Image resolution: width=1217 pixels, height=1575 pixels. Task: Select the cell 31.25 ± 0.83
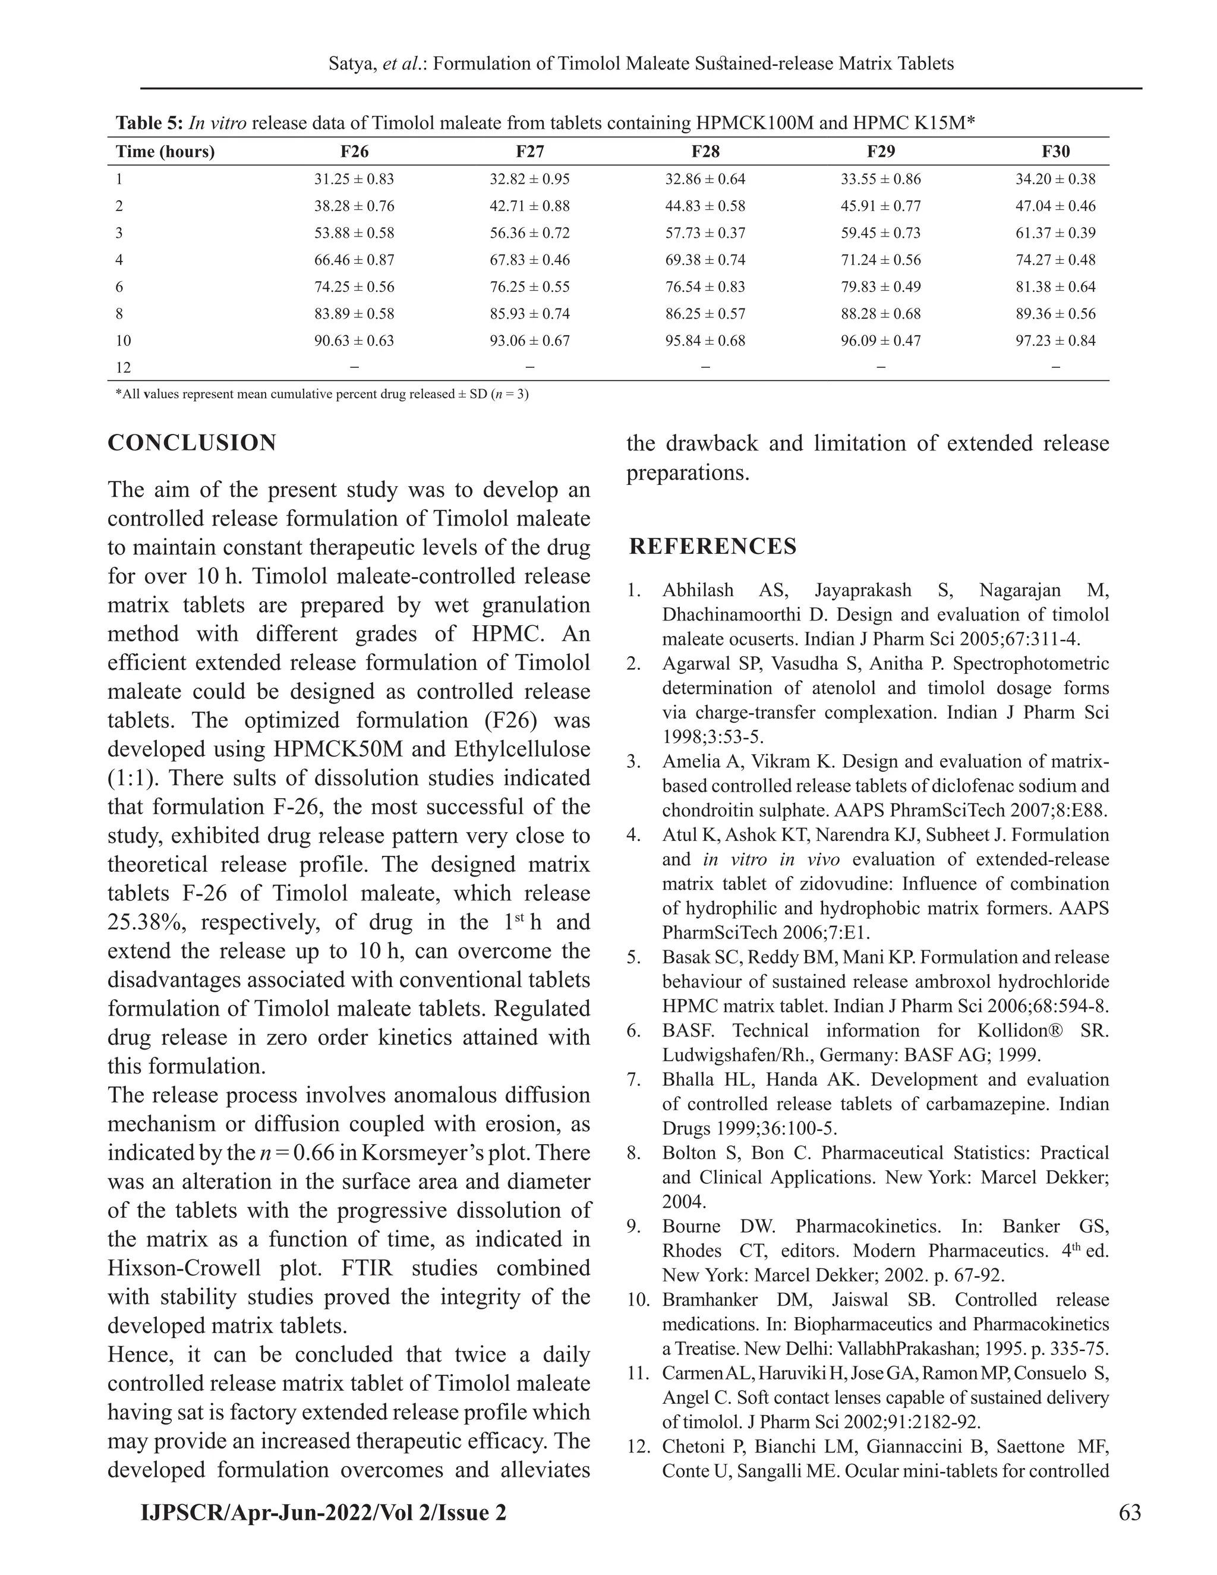tap(354, 179)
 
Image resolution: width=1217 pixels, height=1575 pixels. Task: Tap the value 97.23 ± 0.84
tap(1055, 341)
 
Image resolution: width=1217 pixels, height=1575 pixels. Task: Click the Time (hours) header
tap(165, 152)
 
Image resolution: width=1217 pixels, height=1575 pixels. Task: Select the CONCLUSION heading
tap(192, 443)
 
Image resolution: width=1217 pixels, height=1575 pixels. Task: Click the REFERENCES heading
tap(713, 547)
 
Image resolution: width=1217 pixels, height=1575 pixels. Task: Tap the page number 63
tap(1130, 1511)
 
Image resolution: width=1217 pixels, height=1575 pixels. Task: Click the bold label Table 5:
tap(149, 123)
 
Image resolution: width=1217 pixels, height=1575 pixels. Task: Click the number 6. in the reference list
tap(633, 1031)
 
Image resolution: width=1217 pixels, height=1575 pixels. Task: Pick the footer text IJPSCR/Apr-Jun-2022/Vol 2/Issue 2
tap(323, 1511)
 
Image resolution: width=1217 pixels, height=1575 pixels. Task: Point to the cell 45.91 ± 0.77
tap(880, 206)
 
